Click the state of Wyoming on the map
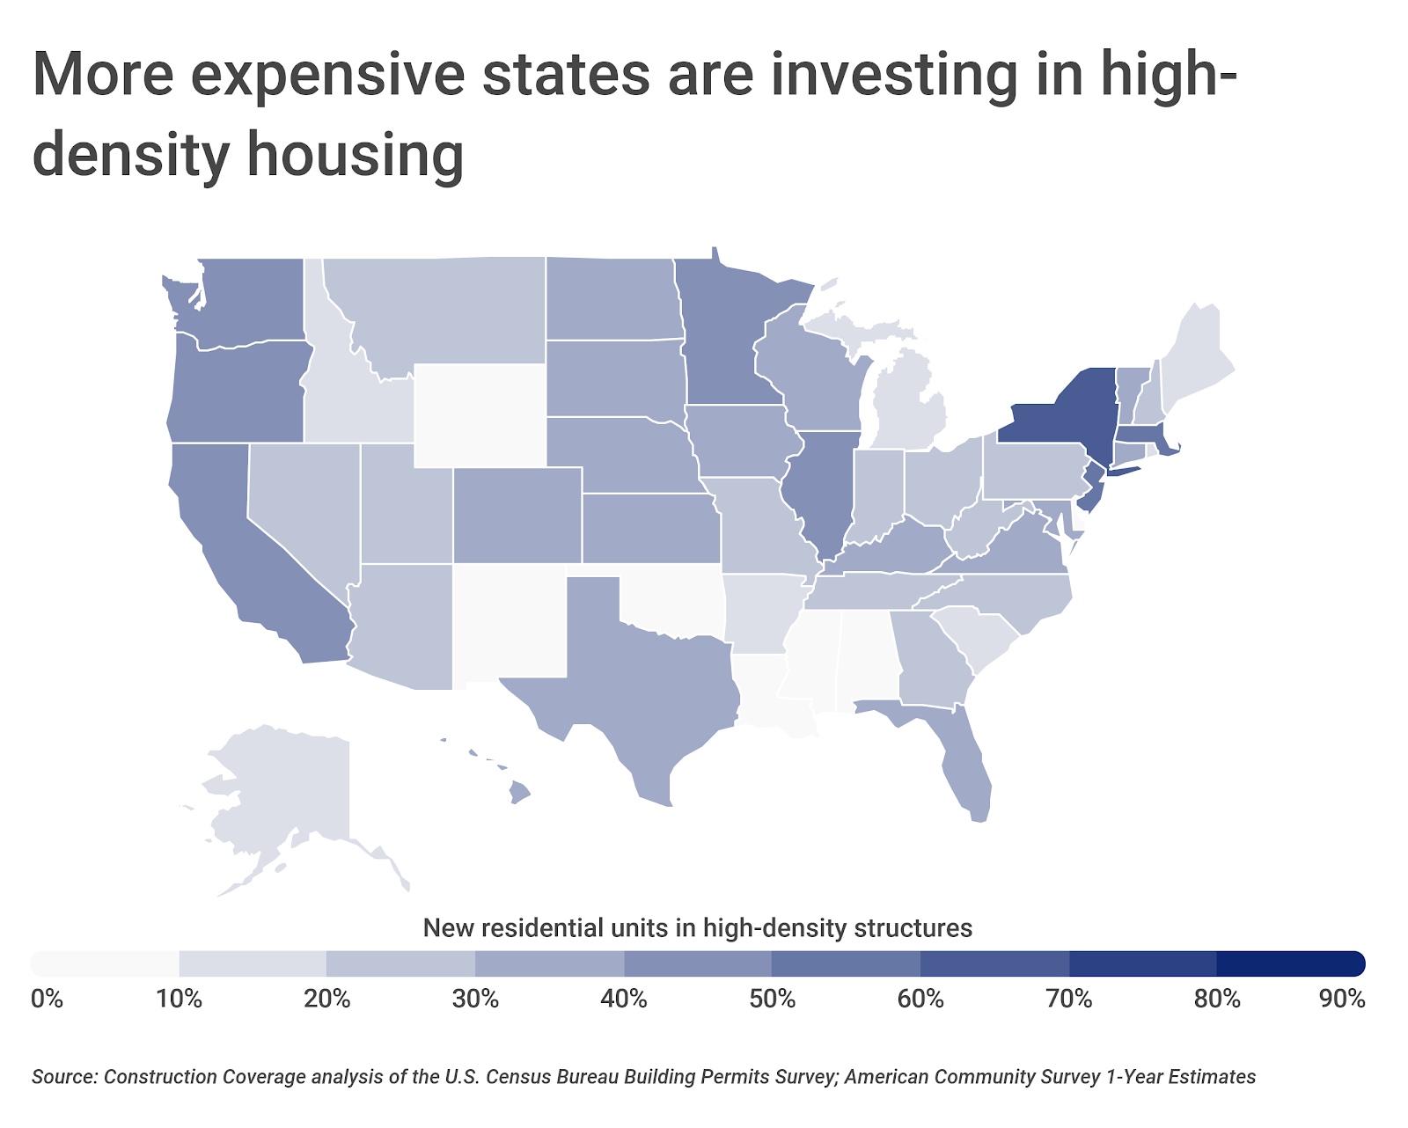point(480,414)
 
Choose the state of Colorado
point(517,516)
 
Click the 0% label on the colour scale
point(47,1000)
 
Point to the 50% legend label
point(773,1000)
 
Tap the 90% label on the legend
point(1342,1000)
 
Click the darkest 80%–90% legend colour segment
point(1290,963)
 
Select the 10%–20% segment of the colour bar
point(253,963)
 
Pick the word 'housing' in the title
point(356,155)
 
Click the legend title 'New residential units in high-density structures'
point(697,928)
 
